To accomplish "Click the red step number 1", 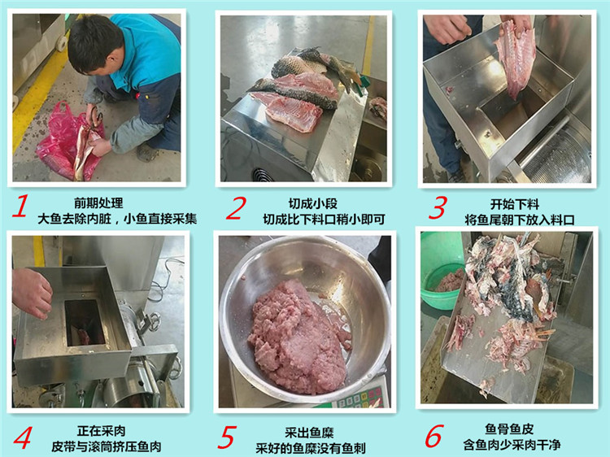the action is coord(20,206).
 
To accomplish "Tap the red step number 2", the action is coord(236,207).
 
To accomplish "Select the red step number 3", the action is coord(438,207).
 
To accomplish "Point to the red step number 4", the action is coord(23,437).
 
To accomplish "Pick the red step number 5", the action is coord(227,437).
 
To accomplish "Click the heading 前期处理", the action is coord(98,202).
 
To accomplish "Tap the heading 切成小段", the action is coord(313,203).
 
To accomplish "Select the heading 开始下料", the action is coord(515,204).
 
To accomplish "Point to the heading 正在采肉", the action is coord(101,430).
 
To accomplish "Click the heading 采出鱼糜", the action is coord(309,433).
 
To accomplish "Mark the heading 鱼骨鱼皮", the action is coord(509,429).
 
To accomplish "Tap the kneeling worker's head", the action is coord(94,42).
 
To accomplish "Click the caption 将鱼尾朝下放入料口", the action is coord(520,220).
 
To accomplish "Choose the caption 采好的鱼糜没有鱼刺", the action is coord(311,448).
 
